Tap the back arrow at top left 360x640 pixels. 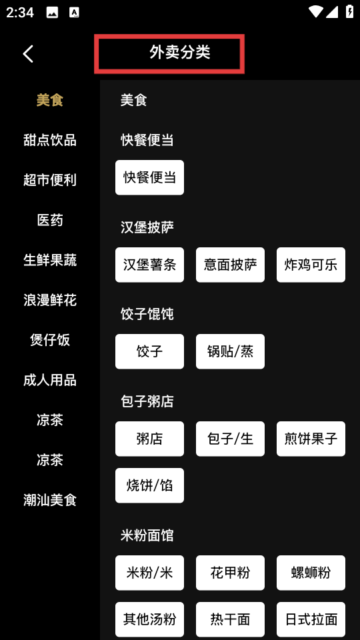pos(28,54)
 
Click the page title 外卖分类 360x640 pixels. pos(179,53)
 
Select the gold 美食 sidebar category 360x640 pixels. pos(50,100)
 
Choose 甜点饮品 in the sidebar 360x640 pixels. pos(50,140)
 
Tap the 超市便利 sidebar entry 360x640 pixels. pos(50,180)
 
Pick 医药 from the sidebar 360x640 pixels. pos(50,220)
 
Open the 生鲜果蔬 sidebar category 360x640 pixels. pos(50,260)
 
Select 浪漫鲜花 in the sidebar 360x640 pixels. pos(50,300)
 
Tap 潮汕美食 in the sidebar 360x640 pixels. pos(50,500)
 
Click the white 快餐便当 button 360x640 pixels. pos(149,177)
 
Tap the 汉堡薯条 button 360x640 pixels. pos(149,265)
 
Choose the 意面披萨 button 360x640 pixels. pos(230,265)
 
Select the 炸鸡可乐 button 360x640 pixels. pos(311,265)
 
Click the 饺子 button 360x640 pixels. pos(149,351)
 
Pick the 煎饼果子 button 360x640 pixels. pos(311,439)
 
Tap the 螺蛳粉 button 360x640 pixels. pos(311,573)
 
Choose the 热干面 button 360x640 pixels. pos(230,619)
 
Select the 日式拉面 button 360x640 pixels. pos(311,619)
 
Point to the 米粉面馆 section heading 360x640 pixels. pos(147,535)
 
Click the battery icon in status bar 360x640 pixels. pos(349,11)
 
